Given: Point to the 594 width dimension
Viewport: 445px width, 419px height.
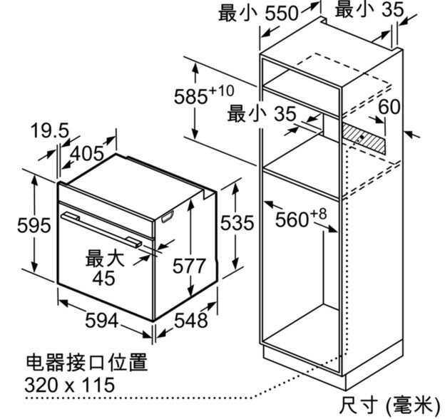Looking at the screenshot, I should pyautogui.click(x=101, y=321).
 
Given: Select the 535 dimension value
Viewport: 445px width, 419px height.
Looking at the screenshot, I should pyautogui.click(x=237, y=224).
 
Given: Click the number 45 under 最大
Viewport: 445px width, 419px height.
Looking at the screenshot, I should pyautogui.click(x=103, y=279).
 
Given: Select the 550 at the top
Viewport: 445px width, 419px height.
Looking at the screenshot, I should pyautogui.click(x=282, y=14).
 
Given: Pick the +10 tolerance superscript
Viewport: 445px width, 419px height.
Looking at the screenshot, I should pyautogui.click(x=223, y=90).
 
